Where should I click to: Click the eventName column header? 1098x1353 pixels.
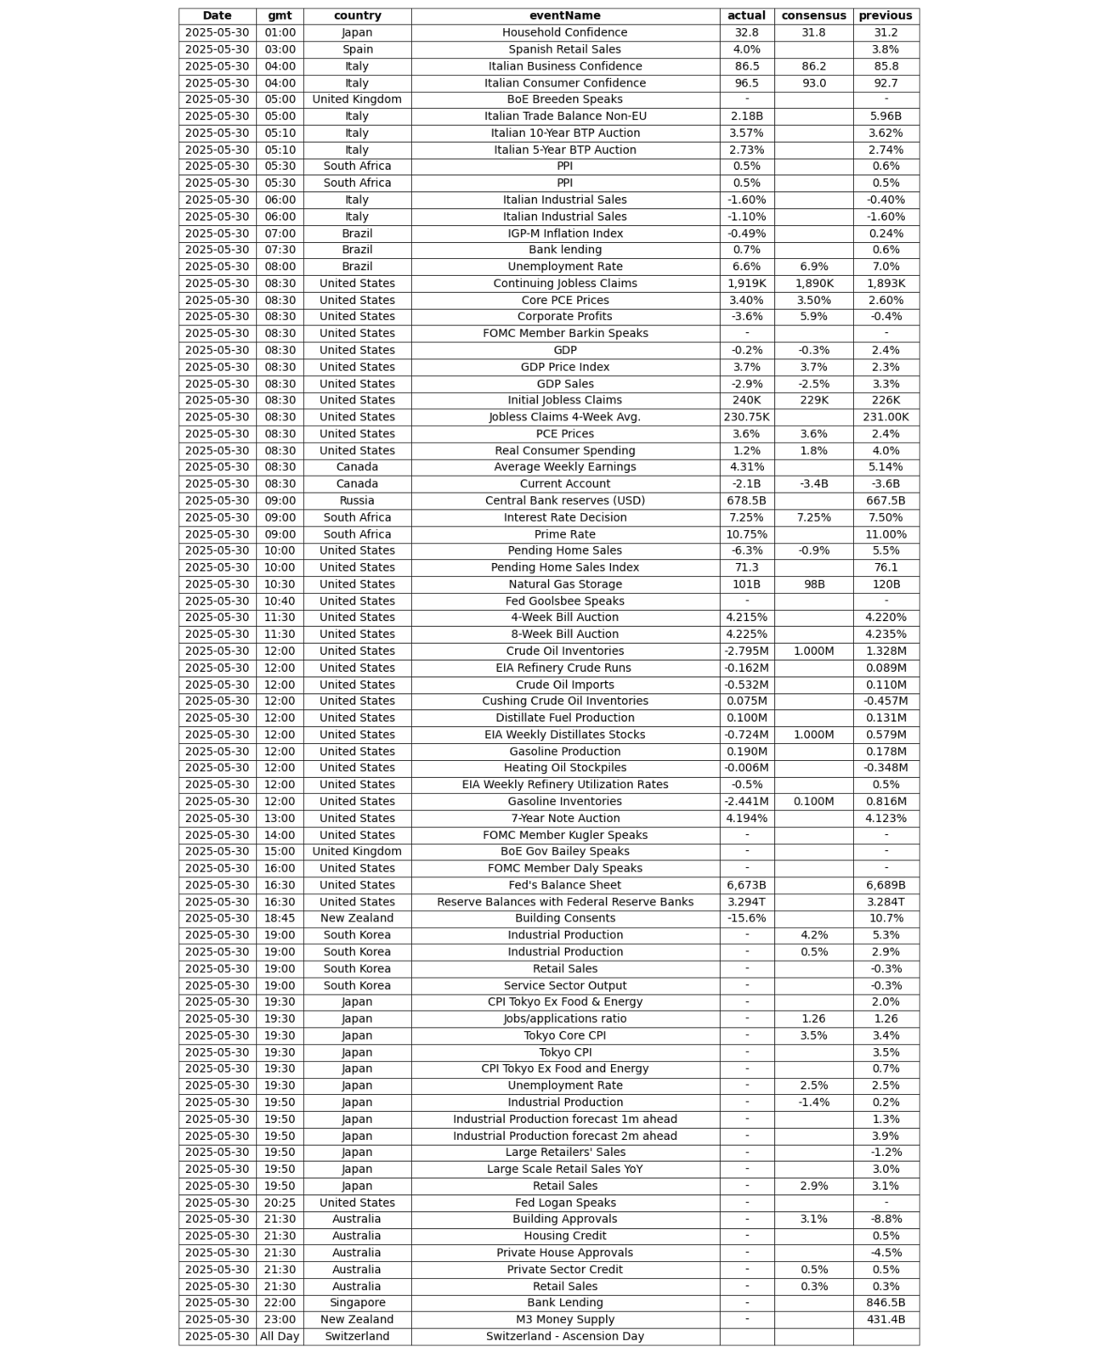point(564,15)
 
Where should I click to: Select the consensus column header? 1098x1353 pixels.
point(813,15)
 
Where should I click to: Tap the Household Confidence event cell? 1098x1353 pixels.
point(564,32)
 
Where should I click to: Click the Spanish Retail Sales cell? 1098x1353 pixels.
point(564,49)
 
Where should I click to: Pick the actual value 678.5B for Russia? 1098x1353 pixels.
point(746,500)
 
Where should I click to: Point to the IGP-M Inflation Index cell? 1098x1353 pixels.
point(564,233)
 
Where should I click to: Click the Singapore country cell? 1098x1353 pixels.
point(357,1302)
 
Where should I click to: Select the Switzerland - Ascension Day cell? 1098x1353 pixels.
point(564,1336)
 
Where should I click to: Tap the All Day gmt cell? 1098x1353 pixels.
point(280,1336)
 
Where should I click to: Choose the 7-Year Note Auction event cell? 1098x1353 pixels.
point(564,818)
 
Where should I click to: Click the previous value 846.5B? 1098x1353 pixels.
point(886,1302)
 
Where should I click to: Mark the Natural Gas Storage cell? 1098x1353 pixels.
point(564,584)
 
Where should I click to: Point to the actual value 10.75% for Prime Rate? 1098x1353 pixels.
point(746,534)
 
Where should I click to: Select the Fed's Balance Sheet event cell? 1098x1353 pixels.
point(564,885)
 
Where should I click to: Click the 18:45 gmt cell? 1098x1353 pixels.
point(280,918)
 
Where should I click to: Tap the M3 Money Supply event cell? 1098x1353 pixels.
point(564,1319)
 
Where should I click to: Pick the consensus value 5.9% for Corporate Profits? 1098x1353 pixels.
point(813,316)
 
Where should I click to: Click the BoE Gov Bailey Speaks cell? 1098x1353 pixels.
point(564,851)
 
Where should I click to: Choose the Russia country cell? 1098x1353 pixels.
point(357,500)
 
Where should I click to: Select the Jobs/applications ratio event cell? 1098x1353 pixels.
point(564,1018)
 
